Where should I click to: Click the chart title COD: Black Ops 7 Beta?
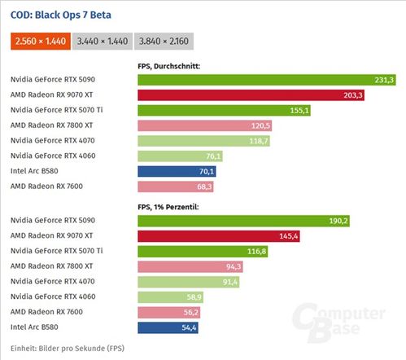click(60, 15)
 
